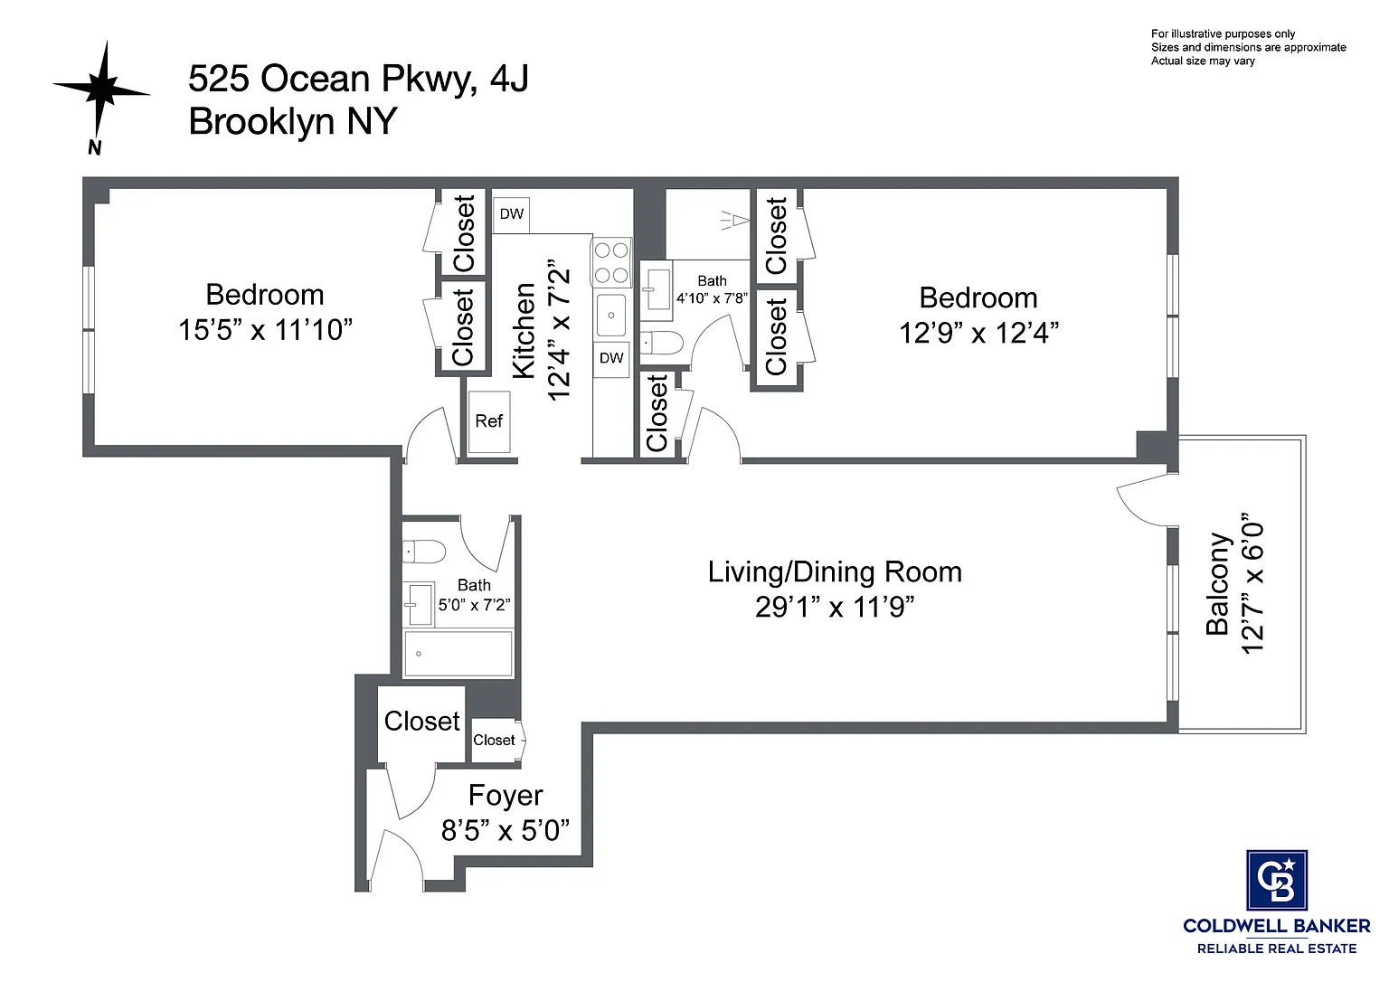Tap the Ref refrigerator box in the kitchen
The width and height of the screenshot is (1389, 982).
click(x=489, y=421)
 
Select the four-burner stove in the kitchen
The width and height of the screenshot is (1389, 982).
click(x=611, y=263)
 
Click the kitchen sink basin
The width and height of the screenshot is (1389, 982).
click(x=611, y=315)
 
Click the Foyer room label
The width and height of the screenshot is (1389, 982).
click(x=506, y=796)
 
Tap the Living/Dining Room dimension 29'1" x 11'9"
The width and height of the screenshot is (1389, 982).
click(x=835, y=607)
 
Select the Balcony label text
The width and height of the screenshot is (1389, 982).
click(x=1217, y=583)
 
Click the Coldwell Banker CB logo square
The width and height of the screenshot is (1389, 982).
click(x=1277, y=881)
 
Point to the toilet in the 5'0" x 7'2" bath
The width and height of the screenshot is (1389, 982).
click(x=424, y=552)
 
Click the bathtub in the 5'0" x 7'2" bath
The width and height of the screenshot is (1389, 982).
click(x=458, y=654)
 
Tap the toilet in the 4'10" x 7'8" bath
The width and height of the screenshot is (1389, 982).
click(x=662, y=342)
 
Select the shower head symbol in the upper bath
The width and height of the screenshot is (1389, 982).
click(x=735, y=220)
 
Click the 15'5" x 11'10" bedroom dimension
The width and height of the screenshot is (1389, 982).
click(x=265, y=330)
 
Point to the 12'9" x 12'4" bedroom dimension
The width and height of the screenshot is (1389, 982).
click(x=978, y=333)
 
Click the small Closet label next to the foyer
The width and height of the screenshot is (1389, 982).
click(x=494, y=741)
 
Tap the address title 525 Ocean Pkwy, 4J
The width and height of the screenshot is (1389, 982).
click(x=358, y=79)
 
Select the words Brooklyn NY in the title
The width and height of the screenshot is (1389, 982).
click(x=293, y=121)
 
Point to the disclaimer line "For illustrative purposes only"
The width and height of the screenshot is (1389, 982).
click(x=1223, y=34)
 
